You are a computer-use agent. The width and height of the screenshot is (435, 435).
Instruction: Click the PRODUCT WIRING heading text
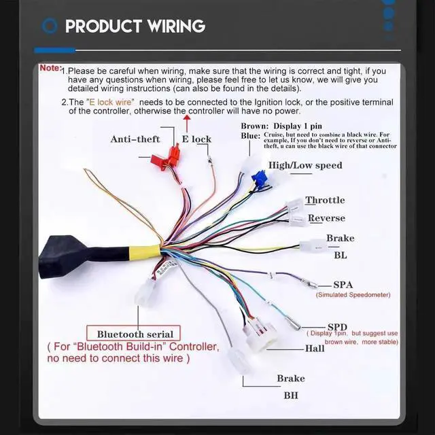(135, 27)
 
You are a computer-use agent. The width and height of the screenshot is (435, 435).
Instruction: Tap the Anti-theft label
(135, 139)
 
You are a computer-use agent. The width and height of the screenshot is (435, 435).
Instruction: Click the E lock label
(196, 139)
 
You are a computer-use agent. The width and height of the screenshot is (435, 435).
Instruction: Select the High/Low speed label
(305, 165)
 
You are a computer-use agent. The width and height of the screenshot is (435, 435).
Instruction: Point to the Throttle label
(325, 201)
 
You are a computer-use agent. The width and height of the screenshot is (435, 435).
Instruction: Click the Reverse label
(327, 218)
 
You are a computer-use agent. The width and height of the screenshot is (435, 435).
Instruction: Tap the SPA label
(343, 285)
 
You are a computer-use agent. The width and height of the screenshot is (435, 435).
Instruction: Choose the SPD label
(337, 326)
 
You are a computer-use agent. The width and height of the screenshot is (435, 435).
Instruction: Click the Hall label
(315, 349)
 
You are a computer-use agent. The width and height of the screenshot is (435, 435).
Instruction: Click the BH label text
(290, 394)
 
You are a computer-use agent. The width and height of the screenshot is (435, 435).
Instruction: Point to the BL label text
(340, 256)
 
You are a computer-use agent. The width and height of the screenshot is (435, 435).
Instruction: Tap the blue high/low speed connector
(258, 181)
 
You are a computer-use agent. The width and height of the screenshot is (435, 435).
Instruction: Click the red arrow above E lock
(187, 123)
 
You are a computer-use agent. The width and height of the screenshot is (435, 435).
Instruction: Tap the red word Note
(50, 68)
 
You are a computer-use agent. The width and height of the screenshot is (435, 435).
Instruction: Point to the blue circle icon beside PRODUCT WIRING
(49, 27)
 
